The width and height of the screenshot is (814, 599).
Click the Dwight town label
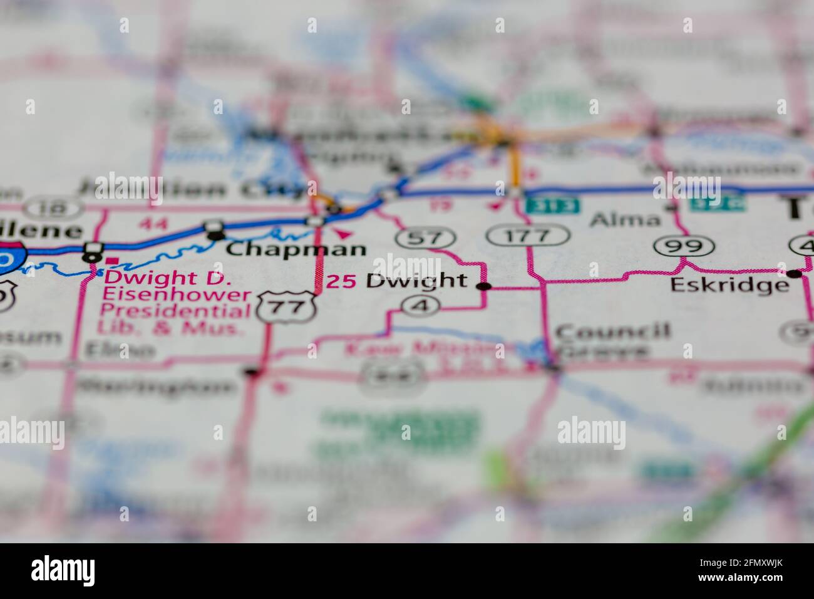click(x=416, y=281)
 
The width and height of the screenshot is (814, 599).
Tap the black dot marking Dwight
click(x=483, y=286)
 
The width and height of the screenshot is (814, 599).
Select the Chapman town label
click(x=296, y=249)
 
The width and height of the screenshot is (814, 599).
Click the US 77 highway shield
click(x=288, y=306)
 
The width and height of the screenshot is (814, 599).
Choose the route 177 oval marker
click(x=528, y=236)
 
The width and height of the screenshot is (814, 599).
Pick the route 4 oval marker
click(x=420, y=305)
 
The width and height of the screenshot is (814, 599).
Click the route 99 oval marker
click(x=685, y=246)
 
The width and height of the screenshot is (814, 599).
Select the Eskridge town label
click(x=729, y=285)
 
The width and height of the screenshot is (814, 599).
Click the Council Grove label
click(x=612, y=341)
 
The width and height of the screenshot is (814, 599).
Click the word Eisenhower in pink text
click(x=177, y=294)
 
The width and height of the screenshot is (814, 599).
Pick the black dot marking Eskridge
click(x=794, y=273)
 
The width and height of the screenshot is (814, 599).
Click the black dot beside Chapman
click(x=215, y=235)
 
